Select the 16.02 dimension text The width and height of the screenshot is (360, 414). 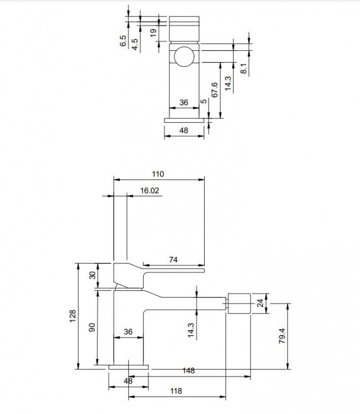coord(150,190)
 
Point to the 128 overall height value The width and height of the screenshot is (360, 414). coord(73,316)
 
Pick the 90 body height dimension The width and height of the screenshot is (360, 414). coord(92,328)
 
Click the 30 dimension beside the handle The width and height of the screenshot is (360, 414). coord(93,275)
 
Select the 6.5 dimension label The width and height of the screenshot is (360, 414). coord(123,41)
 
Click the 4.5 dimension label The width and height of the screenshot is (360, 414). coord(135,45)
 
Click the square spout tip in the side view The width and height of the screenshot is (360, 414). coord(239,303)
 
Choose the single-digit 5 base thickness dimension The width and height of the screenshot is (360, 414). coord(204,101)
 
